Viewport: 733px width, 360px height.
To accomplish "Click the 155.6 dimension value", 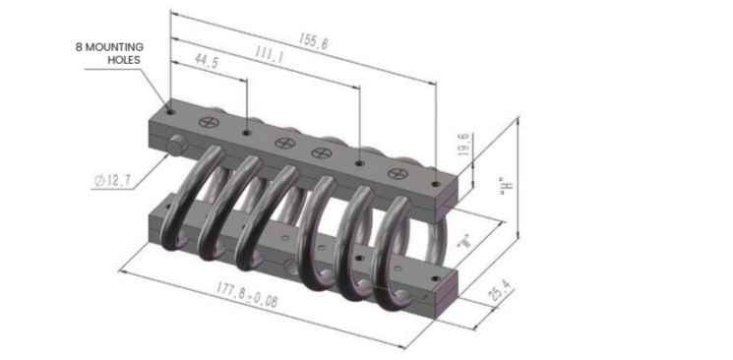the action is [x=313, y=42].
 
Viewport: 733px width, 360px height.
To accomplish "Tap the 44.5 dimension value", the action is [x=206, y=62].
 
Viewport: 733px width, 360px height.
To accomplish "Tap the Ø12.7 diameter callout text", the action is [x=112, y=181].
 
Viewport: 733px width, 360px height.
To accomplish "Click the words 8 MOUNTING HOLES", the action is [x=110, y=53].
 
